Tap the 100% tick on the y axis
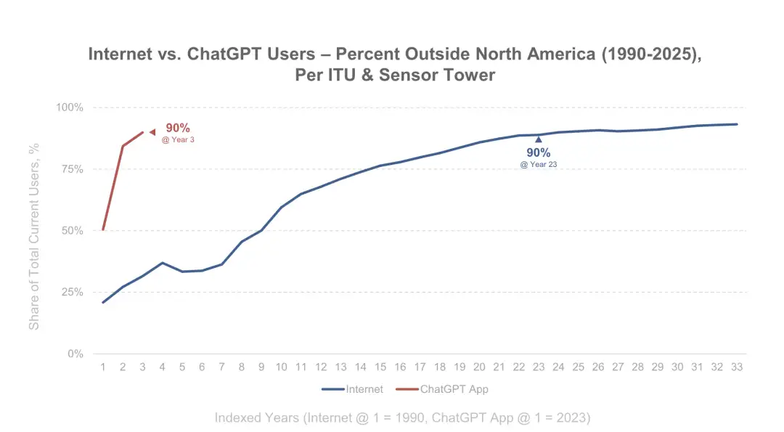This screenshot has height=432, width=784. (70, 107)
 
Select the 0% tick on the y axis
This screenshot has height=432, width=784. (75, 354)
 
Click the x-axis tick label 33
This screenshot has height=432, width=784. (737, 367)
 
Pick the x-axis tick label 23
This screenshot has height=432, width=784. (539, 367)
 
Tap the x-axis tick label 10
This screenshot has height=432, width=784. (281, 367)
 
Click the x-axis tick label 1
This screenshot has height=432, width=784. (102, 367)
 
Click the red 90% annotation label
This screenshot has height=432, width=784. (178, 129)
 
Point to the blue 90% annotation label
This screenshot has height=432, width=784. (539, 153)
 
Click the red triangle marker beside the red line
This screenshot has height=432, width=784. (152, 131)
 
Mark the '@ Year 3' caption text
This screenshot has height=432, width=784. (178, 139)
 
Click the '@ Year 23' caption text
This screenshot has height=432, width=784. (539, 165)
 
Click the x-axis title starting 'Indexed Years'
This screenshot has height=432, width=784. (402, 417)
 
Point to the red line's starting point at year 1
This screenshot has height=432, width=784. (103, 229)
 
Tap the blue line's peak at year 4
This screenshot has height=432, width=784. (163, 263)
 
